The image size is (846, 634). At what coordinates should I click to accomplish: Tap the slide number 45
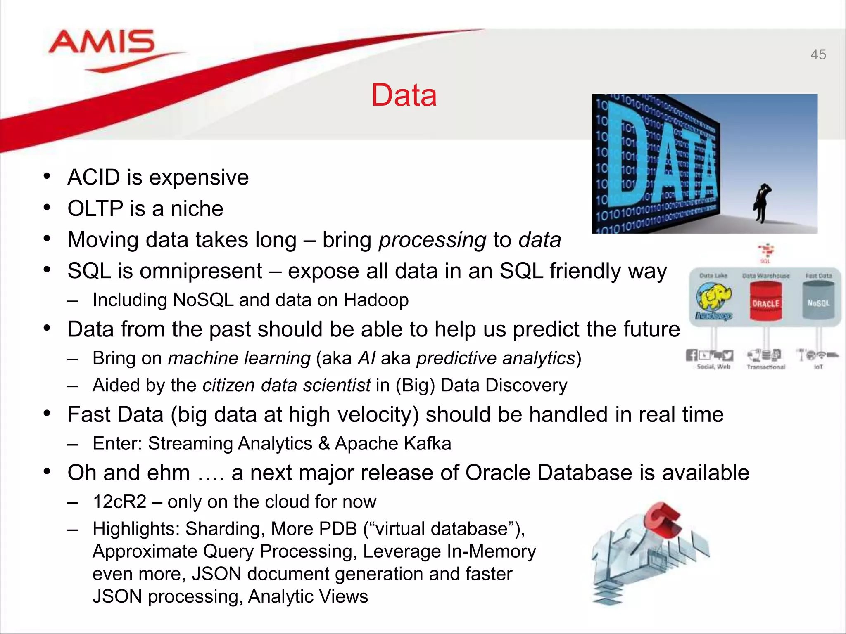pos(818,54)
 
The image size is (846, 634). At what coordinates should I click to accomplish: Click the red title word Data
pos(404,95)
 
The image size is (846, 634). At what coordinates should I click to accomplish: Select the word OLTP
pos(95,208)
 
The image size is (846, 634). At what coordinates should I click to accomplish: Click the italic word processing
pos(433,240)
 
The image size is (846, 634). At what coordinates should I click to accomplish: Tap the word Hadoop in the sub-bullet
pos(376,300)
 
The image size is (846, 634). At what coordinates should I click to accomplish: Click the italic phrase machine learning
pos(239,358)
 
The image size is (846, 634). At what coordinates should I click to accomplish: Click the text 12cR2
pos(119,502)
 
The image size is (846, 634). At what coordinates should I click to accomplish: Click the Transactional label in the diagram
pos(765,367)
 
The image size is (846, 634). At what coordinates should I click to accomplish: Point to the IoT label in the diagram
pos(818,367)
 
